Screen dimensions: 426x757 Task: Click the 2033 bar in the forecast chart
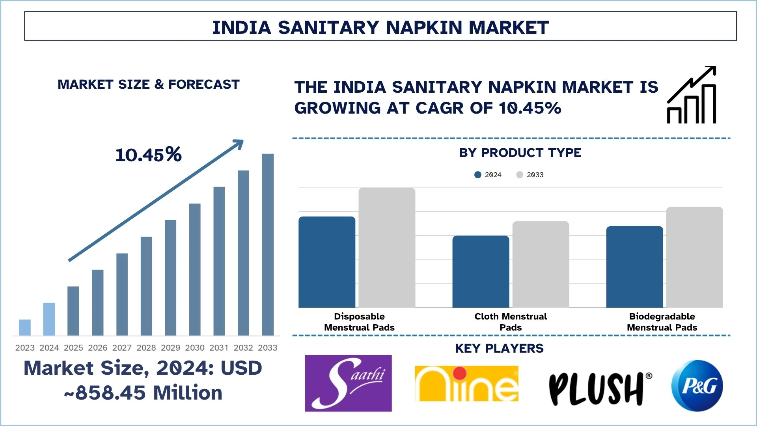pyautogui.click(x=268, y=244)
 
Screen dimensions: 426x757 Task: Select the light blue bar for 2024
pyautogui.click(x=49, y=319)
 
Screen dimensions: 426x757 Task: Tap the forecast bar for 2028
pyautogui.click(x=146, y=286)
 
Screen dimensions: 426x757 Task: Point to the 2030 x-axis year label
pyautogui.click(x=195, y=348)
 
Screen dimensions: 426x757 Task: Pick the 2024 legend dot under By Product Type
pyautogui.click(x=478, y=175)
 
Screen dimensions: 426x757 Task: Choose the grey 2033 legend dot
pyautogui.click(x=520, y=175)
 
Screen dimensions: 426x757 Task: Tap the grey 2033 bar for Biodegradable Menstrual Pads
pyautogui.click(x=694, y=257)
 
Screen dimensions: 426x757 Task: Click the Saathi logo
pyautogui.click(x=348, y=383)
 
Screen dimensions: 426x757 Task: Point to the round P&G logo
pyautogui.click(x=697, y=385)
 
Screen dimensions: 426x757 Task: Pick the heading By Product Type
pyautogui.click(x=520, y=153)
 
